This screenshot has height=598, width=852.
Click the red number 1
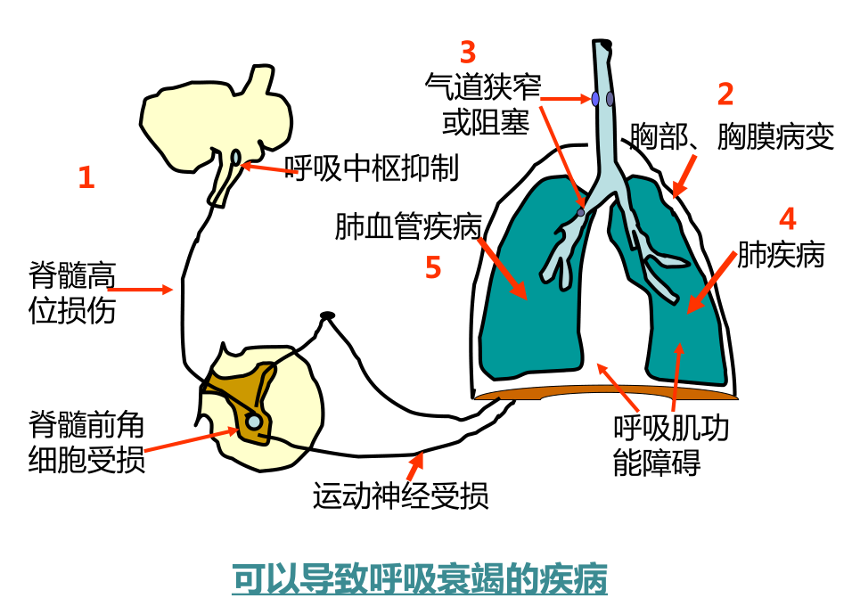point(86,177)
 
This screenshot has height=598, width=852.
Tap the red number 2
point(725,94)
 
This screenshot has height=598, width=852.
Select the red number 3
point(468,53)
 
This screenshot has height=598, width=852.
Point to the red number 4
point(787,219)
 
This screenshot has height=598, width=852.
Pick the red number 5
point(433,267)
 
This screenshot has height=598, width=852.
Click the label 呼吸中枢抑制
point(372,168)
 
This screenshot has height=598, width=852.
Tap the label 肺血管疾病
point(408,227)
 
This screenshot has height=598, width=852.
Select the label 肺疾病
point(781,256)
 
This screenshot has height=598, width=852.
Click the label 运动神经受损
point(400,496)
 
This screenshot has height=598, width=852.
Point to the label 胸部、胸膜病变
point(732,137)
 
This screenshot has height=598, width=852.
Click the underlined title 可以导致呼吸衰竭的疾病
point(420,578)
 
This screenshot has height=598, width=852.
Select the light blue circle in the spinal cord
point(254,421)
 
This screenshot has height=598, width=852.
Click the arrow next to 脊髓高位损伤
point(143,289)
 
